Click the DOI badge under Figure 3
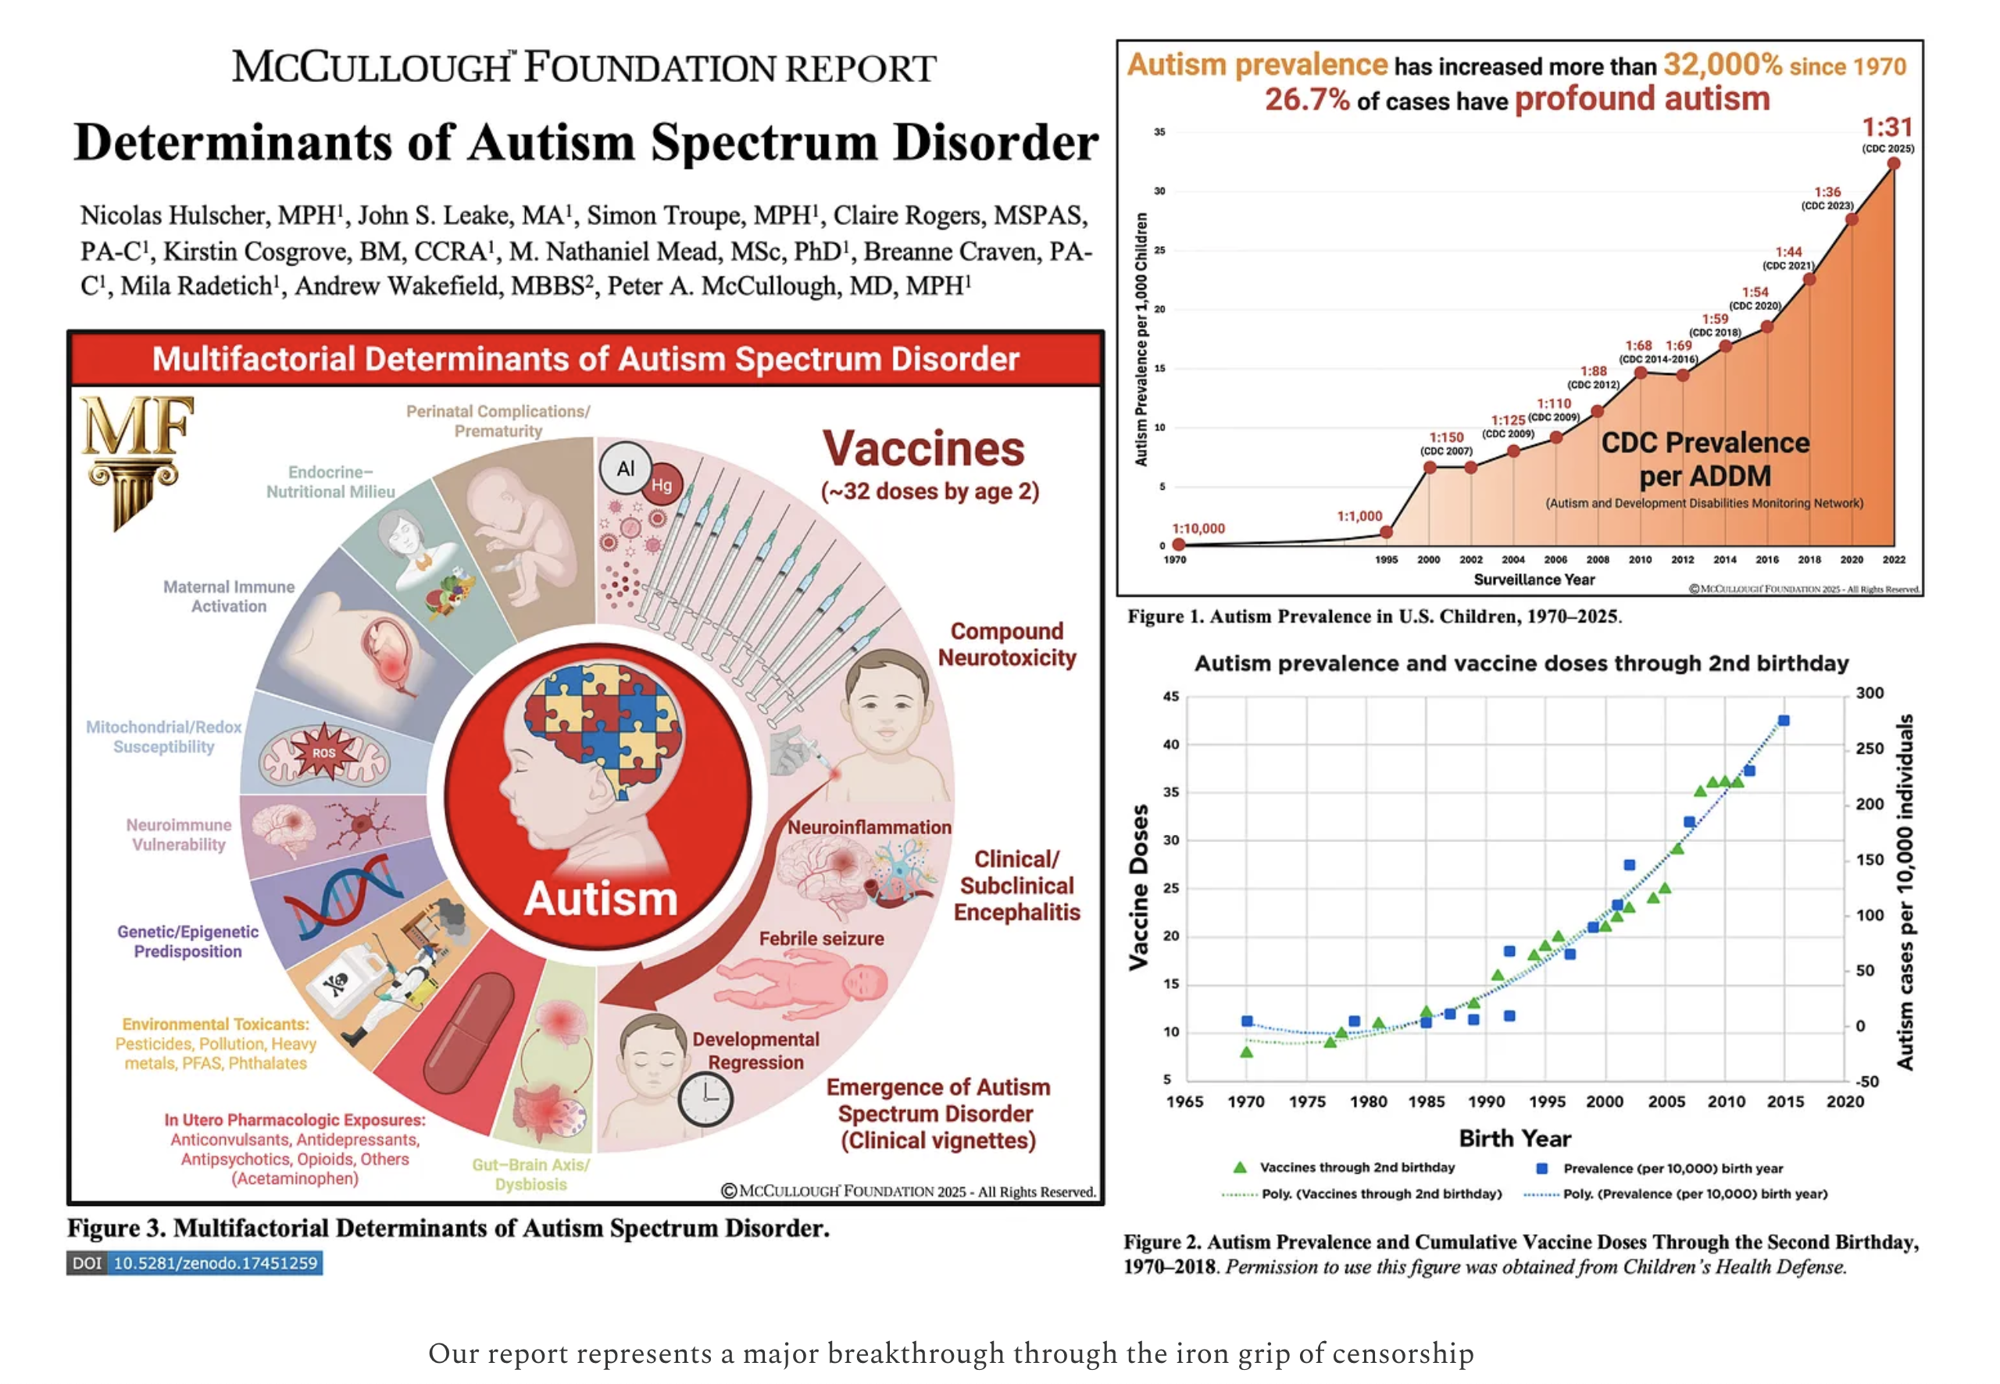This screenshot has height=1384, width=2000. pyautogui.click(x=195, y=1263)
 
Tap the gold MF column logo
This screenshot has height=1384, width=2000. pyautogui.click(x=136, y=458)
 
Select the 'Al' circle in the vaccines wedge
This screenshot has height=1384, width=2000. pyautogui.click(x=625, y=469)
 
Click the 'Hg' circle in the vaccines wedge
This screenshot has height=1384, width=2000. pyautogui.click(x=662, y=485)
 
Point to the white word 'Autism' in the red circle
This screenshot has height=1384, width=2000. pyautogui.click(x=600, y=899)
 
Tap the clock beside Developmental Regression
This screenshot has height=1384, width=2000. pyautogui.click(x=705, y=1098)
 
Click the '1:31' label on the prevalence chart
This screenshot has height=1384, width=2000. pyautogui.click(x=1887, y=128)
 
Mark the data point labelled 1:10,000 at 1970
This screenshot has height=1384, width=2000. pyautogui.click(x=1178, y=544)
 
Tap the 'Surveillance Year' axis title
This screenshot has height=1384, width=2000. pyautogui.click(x=1534, y=580)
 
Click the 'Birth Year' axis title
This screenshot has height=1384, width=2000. pyautogui.click(x=1515, y=1139)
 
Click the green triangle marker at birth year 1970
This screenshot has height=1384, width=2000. pyautogui.click(x=1246, y=1052)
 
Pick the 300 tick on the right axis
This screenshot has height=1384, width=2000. pyautogui.click(x=1870, y=693)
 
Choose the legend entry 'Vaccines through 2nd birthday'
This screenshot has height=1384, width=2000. pyautogui.click(x=1356, y=1167)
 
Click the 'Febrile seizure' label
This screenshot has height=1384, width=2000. pyautogui.click(x=821, y=938)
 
